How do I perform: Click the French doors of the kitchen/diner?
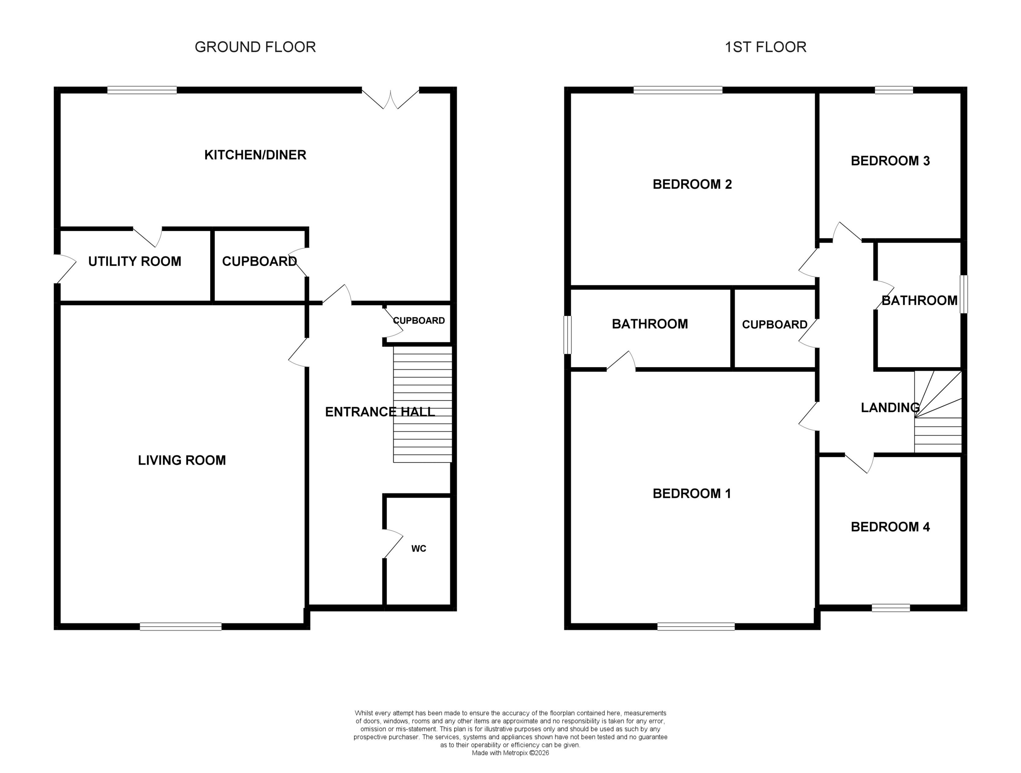click(x=390, y=98)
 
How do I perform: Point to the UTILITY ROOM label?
click(x=134, y=262)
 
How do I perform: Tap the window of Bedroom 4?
click(x=890, y=608)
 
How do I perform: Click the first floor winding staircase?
click(x=938, y=412)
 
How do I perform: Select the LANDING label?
click(x=890, y=407)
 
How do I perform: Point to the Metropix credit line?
click(x=510, y=753)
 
